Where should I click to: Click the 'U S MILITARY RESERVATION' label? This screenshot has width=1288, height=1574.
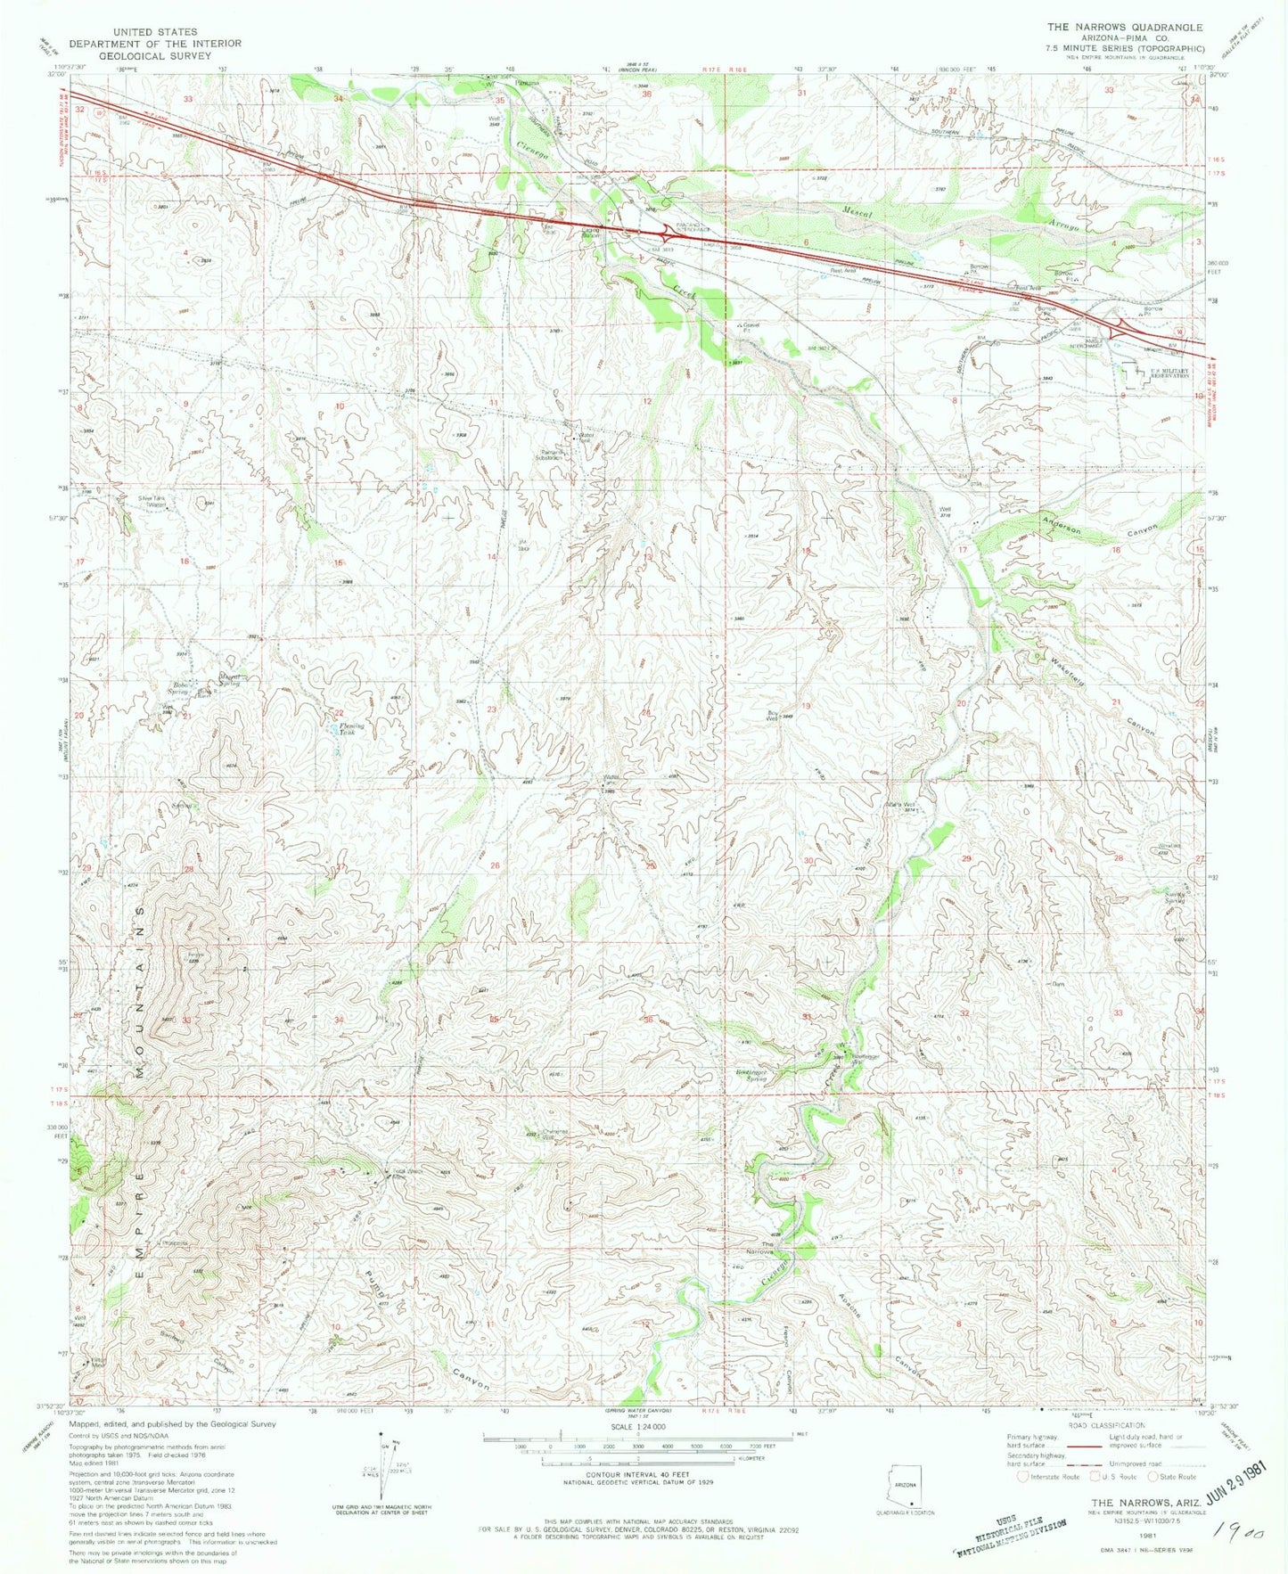pyautogui.click(x=1169, y=374)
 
